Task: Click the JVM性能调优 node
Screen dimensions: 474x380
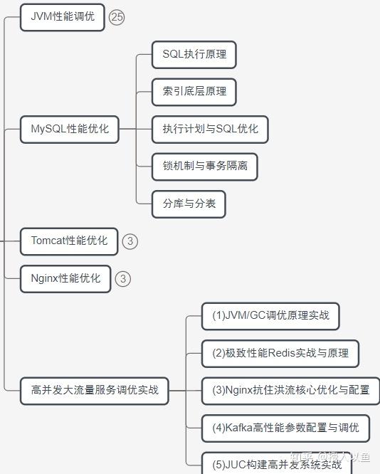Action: pyautogui.click(x=63, y=16)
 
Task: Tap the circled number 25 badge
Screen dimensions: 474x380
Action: pyautogui.click(x=117, y=17)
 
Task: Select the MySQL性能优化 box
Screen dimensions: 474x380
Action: pyautogui.click(x=70, y=130)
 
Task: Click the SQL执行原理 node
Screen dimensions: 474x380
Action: pyautogui.click(x=194, y=54)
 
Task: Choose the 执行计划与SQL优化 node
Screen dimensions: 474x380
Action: pyautogui.click(x=210, y=130)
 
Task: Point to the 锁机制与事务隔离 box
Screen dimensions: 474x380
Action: pyautogui.click(x=205, y=167)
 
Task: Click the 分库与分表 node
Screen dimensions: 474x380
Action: pyautogui.click(x=189, y=204)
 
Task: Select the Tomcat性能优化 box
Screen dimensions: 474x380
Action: pyautogui.click(x=69, y=241)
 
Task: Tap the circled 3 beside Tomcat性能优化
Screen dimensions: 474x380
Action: pyautogui.click(x=130, y=241)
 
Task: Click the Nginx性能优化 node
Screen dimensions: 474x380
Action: pyautogui.click(x=65, y=278)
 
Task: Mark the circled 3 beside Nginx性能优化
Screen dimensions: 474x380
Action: pyautogui.click(x=123, y=279)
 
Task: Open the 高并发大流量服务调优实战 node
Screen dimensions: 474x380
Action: pyautogui.click(x=95, y=390)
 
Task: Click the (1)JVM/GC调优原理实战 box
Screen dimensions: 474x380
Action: pyautogui.click(x=270, y=315)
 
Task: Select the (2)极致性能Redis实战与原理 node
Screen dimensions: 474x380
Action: pyautogui.click(x=280, y=353)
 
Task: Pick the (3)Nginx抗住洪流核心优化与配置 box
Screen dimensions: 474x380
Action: pyautogui.click(x=290, y=390)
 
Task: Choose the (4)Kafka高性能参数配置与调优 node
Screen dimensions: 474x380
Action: pyautogui.click(x=285, y=428)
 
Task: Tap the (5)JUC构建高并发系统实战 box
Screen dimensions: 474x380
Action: pyautogui.click(x=277, y=464)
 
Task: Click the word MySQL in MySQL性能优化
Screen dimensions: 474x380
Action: pyautogui.click(x=48, y=130)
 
